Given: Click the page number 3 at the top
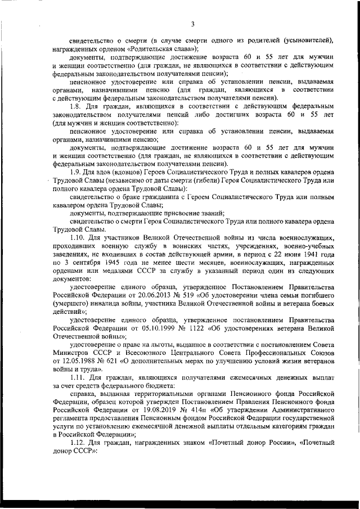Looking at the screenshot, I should pos(192,24).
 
